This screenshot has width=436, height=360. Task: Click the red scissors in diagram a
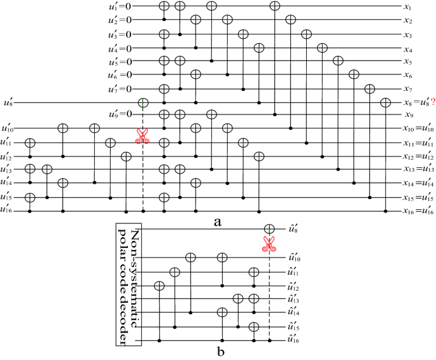coord(143,135)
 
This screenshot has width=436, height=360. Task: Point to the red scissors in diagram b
coord(269,243)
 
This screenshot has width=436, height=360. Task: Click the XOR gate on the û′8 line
coord(269,229)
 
